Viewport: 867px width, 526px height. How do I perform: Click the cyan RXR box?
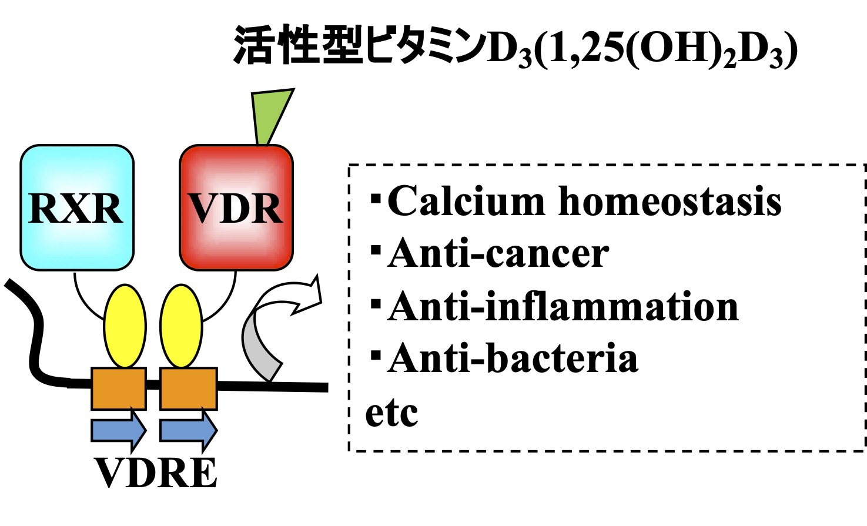point(77,207)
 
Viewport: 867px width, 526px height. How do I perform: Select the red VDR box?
point(236,207)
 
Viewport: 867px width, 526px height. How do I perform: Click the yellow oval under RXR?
point(125,326)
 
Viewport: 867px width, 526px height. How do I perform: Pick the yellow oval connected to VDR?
point(181,326)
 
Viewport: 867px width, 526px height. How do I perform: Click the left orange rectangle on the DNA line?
point(119,388)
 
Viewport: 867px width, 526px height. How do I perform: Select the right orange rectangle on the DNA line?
point(188,388)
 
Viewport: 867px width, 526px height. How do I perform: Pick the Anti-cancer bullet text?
point(497,254)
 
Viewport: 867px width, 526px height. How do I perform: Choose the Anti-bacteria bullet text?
point(512,359)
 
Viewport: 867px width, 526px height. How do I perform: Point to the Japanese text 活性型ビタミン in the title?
point(357,46)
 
